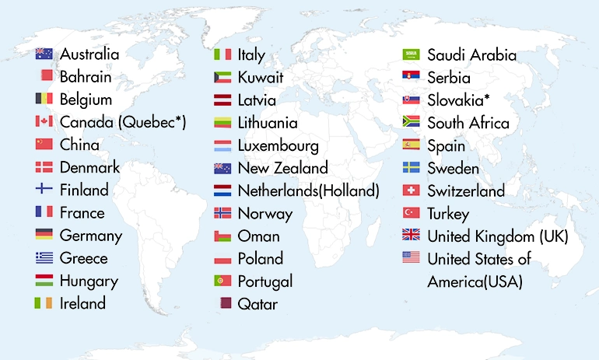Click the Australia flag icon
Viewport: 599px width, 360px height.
[x=44, y=54]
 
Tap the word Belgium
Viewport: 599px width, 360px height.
[x=86, y=100]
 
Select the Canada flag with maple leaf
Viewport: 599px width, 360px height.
[x=44, y=121]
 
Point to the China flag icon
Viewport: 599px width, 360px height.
[x=44, y=144]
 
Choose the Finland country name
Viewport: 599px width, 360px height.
[x=84, y=190]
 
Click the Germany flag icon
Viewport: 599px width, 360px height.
[x=44, y=234]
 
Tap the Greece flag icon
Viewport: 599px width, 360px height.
[x=44, y=257]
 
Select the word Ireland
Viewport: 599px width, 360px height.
[x=82, y=303]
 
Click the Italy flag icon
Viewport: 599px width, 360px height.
[x=222, y=54]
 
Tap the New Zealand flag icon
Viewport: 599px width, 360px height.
[x=222, y=168]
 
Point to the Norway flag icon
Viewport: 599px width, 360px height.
[x=222, y=212]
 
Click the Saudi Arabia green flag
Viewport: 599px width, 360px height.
[x=411, y=54]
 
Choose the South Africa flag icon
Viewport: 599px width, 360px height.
[x=411, y=122]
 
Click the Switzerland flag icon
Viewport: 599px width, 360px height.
[x=411, y=190]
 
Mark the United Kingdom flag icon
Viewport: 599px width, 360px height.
[x=411, y=235]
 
